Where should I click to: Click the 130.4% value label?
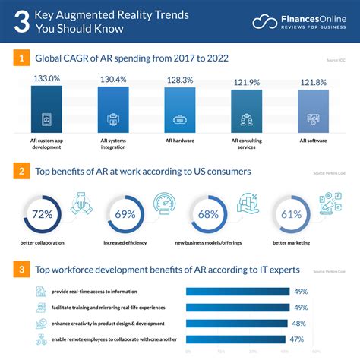[x=113, y=80]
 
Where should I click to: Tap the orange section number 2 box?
[x=23, y=172]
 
